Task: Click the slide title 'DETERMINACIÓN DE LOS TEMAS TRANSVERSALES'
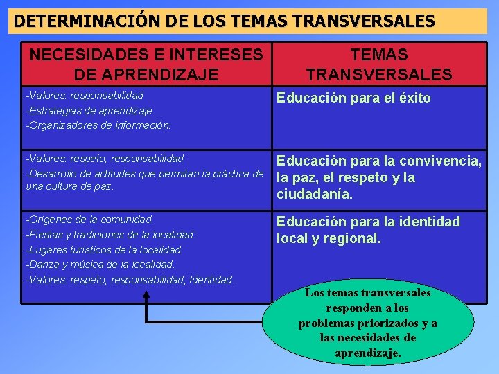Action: pos(225,21)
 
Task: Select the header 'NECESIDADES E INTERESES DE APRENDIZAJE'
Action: pos(146,64)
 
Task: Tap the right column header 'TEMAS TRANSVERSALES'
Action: pos(379,64)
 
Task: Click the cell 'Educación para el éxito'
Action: pos(353,98)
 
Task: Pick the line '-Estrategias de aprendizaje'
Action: pos(89,110)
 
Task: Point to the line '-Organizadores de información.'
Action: pos(98,125)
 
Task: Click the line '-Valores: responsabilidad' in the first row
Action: pos(85,96)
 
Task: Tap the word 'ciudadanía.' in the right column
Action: pos(315,195)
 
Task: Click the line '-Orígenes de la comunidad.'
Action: pos(90,220)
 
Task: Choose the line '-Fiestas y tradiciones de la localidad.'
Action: pos(111,235)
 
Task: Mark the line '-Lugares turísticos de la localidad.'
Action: pos(105,249)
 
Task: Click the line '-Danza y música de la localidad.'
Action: pos(100,265)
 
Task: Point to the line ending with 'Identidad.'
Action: pos(130,280)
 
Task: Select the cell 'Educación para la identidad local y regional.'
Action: pos(368,230)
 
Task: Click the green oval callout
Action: pos(367,323)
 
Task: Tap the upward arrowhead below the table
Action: pos(147,295)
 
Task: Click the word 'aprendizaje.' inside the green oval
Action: pos(367,353)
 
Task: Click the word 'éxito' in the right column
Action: pos(414,98)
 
